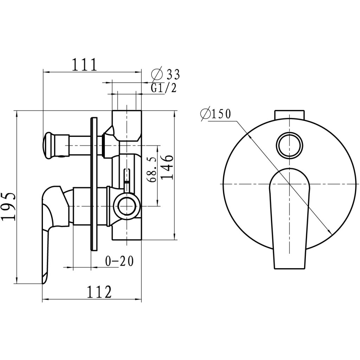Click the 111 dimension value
[x=85, y=65]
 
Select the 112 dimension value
[x=99, y=292]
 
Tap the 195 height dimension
[x=9, y=207]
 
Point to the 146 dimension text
[x=166, y=167]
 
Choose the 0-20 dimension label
[x=119, y=261]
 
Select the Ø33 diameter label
[x=165, y=75]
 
